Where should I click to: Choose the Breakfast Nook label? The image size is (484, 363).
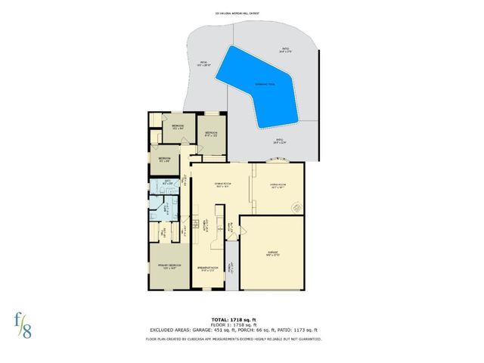tap(208, 268)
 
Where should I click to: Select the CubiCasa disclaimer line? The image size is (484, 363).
tap(241, 339)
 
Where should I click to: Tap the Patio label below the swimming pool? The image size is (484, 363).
tap(279, 140)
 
